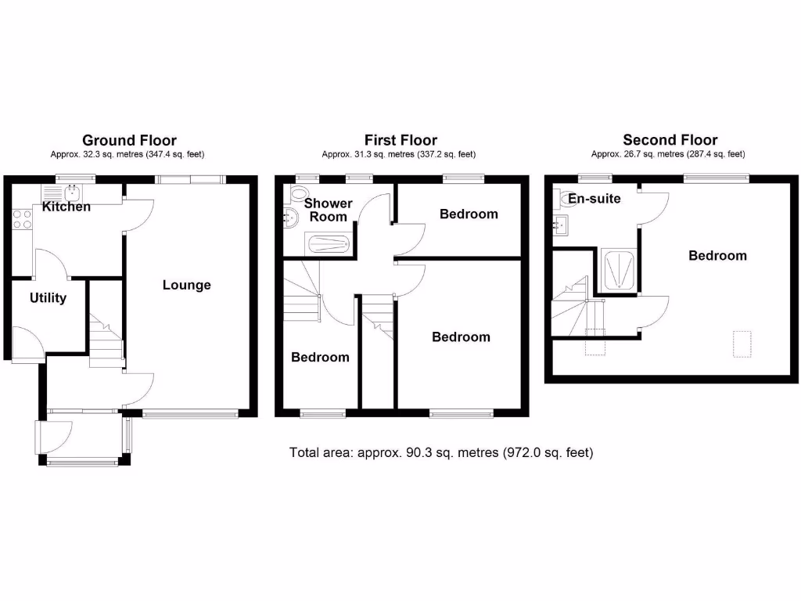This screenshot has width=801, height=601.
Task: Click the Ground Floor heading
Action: click(129, 141)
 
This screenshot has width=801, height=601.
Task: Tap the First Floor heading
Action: click(401, 141)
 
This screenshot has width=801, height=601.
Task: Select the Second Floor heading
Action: click(670, 141)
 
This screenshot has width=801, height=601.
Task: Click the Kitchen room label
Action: click(66, 207)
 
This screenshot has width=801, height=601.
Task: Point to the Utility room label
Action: click(48, 298)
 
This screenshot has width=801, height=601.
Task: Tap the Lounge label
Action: click(187, 285)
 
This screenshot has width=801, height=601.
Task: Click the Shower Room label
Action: click(329, 210)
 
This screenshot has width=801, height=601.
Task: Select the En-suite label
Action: click(594, 199)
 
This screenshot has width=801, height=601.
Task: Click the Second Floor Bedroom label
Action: click(717, 256)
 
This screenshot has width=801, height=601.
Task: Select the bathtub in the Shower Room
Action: click(330, 244)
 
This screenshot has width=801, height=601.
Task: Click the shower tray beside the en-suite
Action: click(618, 268)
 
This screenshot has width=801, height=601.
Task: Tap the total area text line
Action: click(441, 452)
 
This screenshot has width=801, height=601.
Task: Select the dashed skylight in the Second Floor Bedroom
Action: click(742, 344)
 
